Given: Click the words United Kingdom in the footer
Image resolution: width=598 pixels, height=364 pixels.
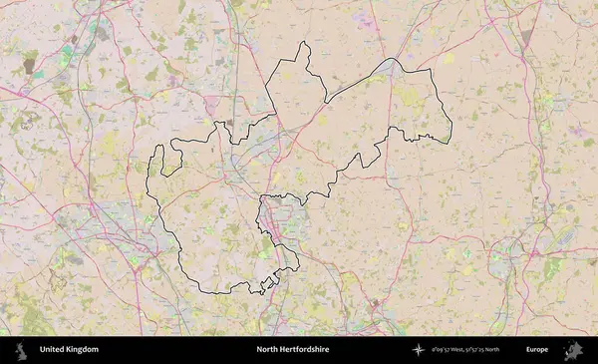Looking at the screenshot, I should click(69, 350).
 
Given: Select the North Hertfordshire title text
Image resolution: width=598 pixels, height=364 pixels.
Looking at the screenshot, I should click(292, 350).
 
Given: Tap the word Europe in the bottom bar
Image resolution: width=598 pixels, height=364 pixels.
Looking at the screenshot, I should click(537, 350).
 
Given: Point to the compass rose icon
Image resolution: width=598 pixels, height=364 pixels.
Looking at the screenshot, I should click(419, 350).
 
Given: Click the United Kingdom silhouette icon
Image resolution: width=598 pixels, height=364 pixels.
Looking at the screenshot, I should click(19, 350).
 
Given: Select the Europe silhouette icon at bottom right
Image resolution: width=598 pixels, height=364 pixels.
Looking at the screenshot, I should click(574, 350).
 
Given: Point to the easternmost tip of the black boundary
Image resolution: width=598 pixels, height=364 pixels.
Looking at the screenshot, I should click(451, 126).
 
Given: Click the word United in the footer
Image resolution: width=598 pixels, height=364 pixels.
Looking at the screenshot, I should click(52, 350).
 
